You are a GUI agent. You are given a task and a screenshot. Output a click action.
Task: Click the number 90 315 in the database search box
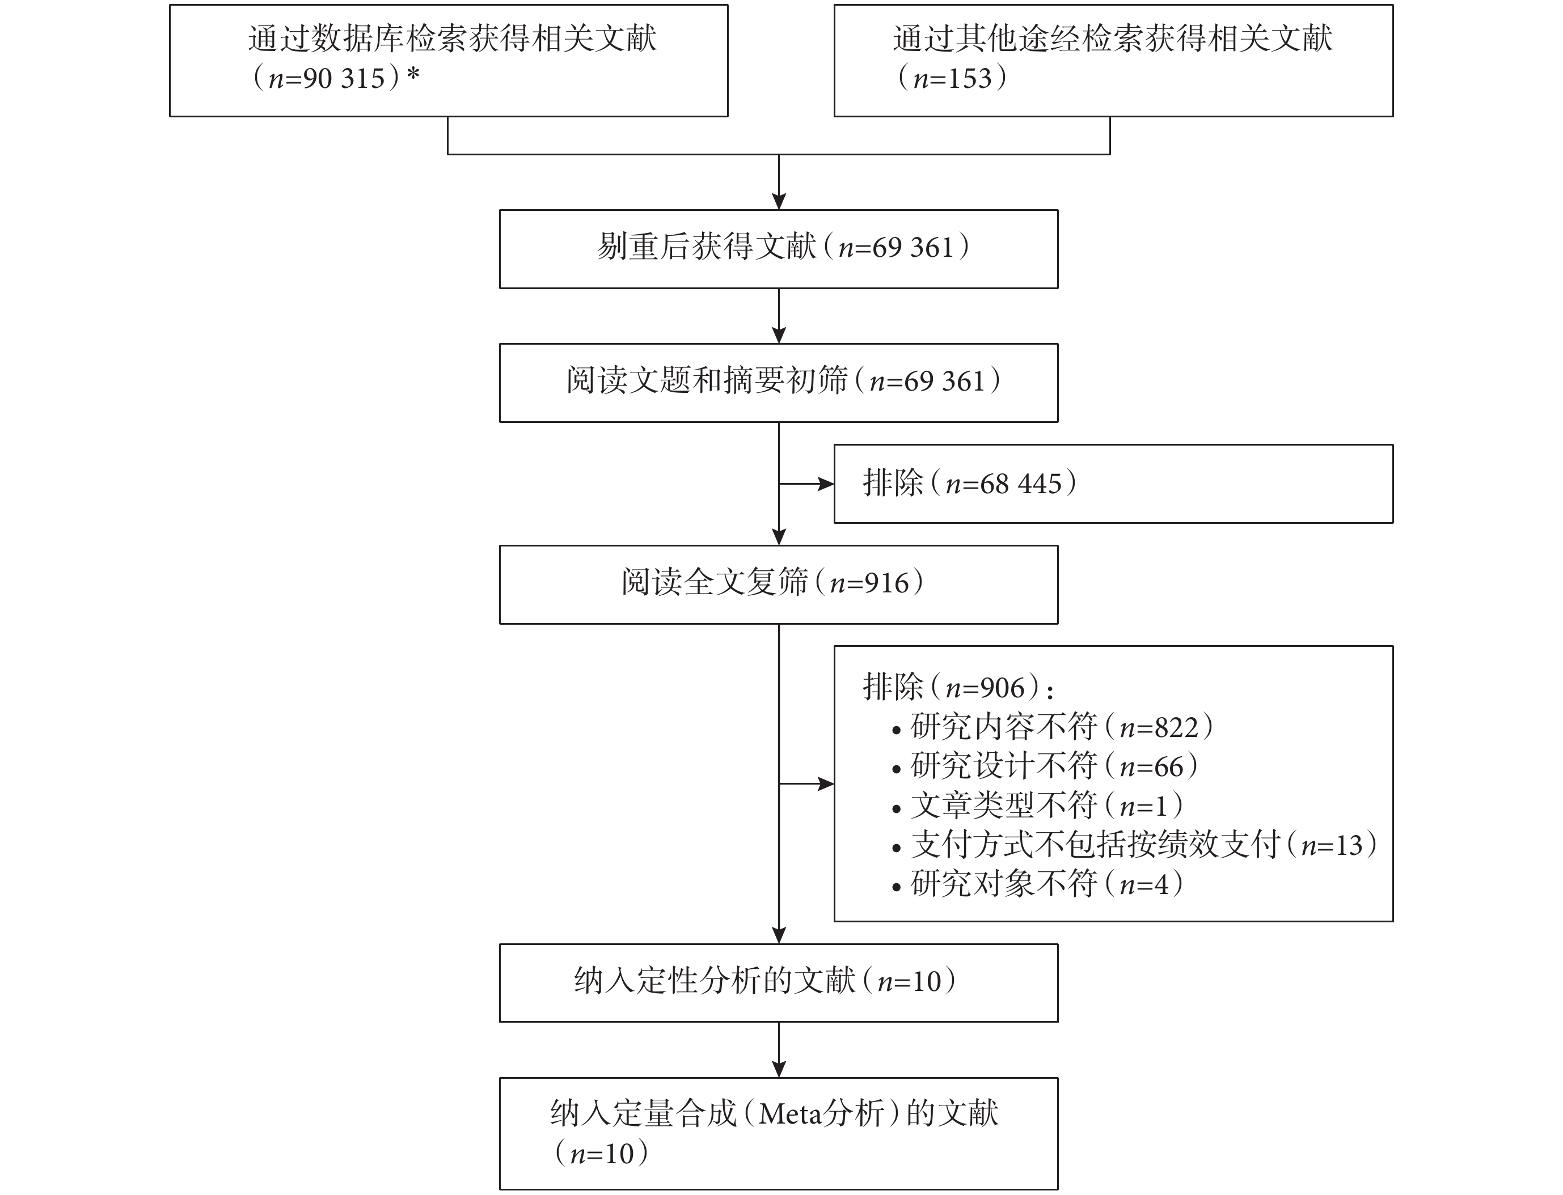coord(344,78)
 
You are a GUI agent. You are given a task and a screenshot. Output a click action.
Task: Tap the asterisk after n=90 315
coord(413,74)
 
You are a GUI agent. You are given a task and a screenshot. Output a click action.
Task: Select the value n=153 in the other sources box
coord(953,78)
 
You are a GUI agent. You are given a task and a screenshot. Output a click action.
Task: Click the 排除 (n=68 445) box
coord(1113,484)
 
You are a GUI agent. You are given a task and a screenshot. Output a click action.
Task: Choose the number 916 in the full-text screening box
coord(887,583)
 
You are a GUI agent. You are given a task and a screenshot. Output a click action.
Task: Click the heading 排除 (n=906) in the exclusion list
coord(957,688)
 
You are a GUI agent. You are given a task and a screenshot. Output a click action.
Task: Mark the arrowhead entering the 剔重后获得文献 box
coord(779,201)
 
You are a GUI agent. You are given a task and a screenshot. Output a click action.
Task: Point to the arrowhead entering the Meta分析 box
coord(779,1069)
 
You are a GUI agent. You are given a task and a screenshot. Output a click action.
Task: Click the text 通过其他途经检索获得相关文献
coord(1113,39)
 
